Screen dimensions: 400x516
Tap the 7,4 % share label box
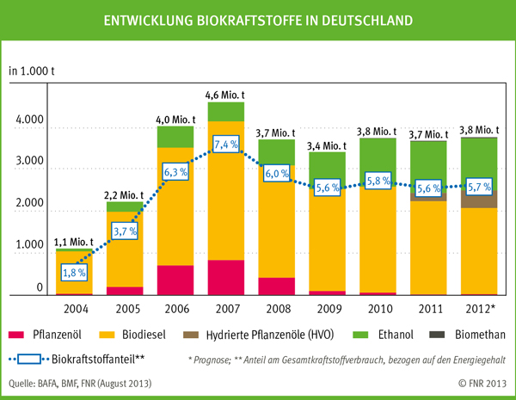click(x=226, y=144)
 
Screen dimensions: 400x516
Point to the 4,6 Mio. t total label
click(x=226, y=95)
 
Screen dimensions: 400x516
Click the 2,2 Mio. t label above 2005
click(x=126, y=194)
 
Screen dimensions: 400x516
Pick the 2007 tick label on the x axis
click(x=226, y=306)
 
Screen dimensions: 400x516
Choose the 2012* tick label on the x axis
click(x=476, y=306)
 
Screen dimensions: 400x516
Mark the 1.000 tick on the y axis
click(x=29, y=245)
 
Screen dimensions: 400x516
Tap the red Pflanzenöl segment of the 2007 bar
click(x=226, y=277)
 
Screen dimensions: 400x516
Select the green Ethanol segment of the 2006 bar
click(x=175, y=138)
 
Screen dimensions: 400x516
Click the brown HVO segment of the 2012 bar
click(x=476, y=199)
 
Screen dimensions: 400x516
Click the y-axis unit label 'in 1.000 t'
click(x=33, y=70)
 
